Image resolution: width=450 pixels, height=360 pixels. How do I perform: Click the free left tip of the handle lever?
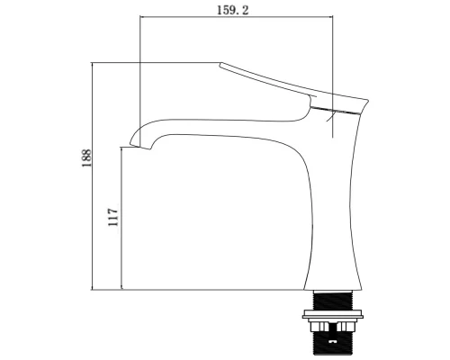pos(221,64)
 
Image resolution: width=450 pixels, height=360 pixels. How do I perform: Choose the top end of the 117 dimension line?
pos(121,147)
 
